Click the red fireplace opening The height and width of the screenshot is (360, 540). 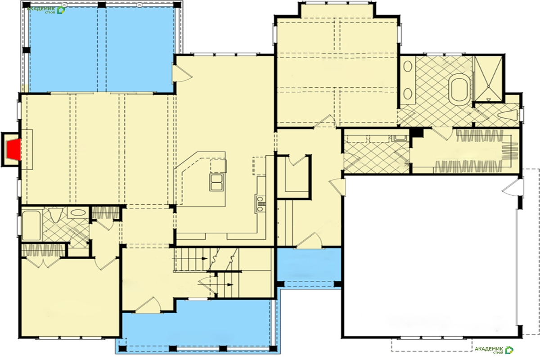(x=14, y=149)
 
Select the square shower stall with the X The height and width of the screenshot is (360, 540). (x=488, y=79)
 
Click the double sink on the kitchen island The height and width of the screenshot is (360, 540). (x=216, y=182)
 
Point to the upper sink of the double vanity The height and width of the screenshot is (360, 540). (x=408, y=66)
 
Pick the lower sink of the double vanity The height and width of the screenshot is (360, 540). (x=408, y=94)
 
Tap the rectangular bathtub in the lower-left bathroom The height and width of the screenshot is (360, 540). (x=31, y=225)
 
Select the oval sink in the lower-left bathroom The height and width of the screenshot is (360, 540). (x=77, y=212)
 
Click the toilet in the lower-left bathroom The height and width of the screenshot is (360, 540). (x=55, y=215)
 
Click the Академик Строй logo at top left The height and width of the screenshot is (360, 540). (x=46, y=10)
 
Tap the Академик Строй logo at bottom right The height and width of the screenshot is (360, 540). (x=494, y=350)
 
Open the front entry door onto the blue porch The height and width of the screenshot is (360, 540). (x=148, y=305)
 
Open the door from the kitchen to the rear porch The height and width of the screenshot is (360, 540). (x=182, y=73)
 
